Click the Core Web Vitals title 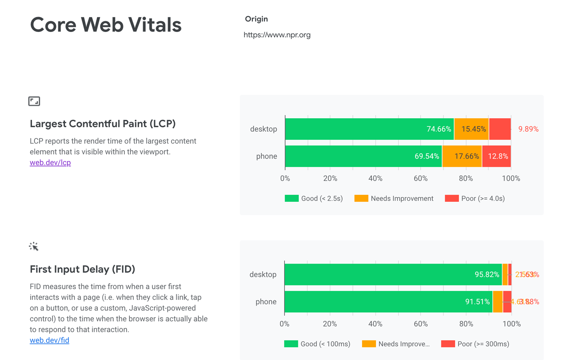pos(106,25)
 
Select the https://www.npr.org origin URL pos(277,35)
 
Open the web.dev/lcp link pos(50,163)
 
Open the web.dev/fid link pos(50,340)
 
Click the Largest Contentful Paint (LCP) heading pos(103,124)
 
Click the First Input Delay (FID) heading pos(82,269)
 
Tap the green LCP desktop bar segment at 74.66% pos(369,129)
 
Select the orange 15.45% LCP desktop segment pos(471,129)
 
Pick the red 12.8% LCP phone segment pos(496,156)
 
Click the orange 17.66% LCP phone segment pos(462,156)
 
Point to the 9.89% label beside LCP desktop pos(528,129)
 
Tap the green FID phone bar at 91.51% pos(388,302)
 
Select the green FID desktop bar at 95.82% pos(393,275)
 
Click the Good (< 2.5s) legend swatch pos(292,199)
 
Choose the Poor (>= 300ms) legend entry pos(476,344)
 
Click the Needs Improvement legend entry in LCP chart pos(394,199)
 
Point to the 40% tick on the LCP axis pos(375,179)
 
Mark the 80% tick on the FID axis pos(466,324)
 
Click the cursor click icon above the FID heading pos(34,247)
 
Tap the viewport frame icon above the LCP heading pos(34,101)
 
